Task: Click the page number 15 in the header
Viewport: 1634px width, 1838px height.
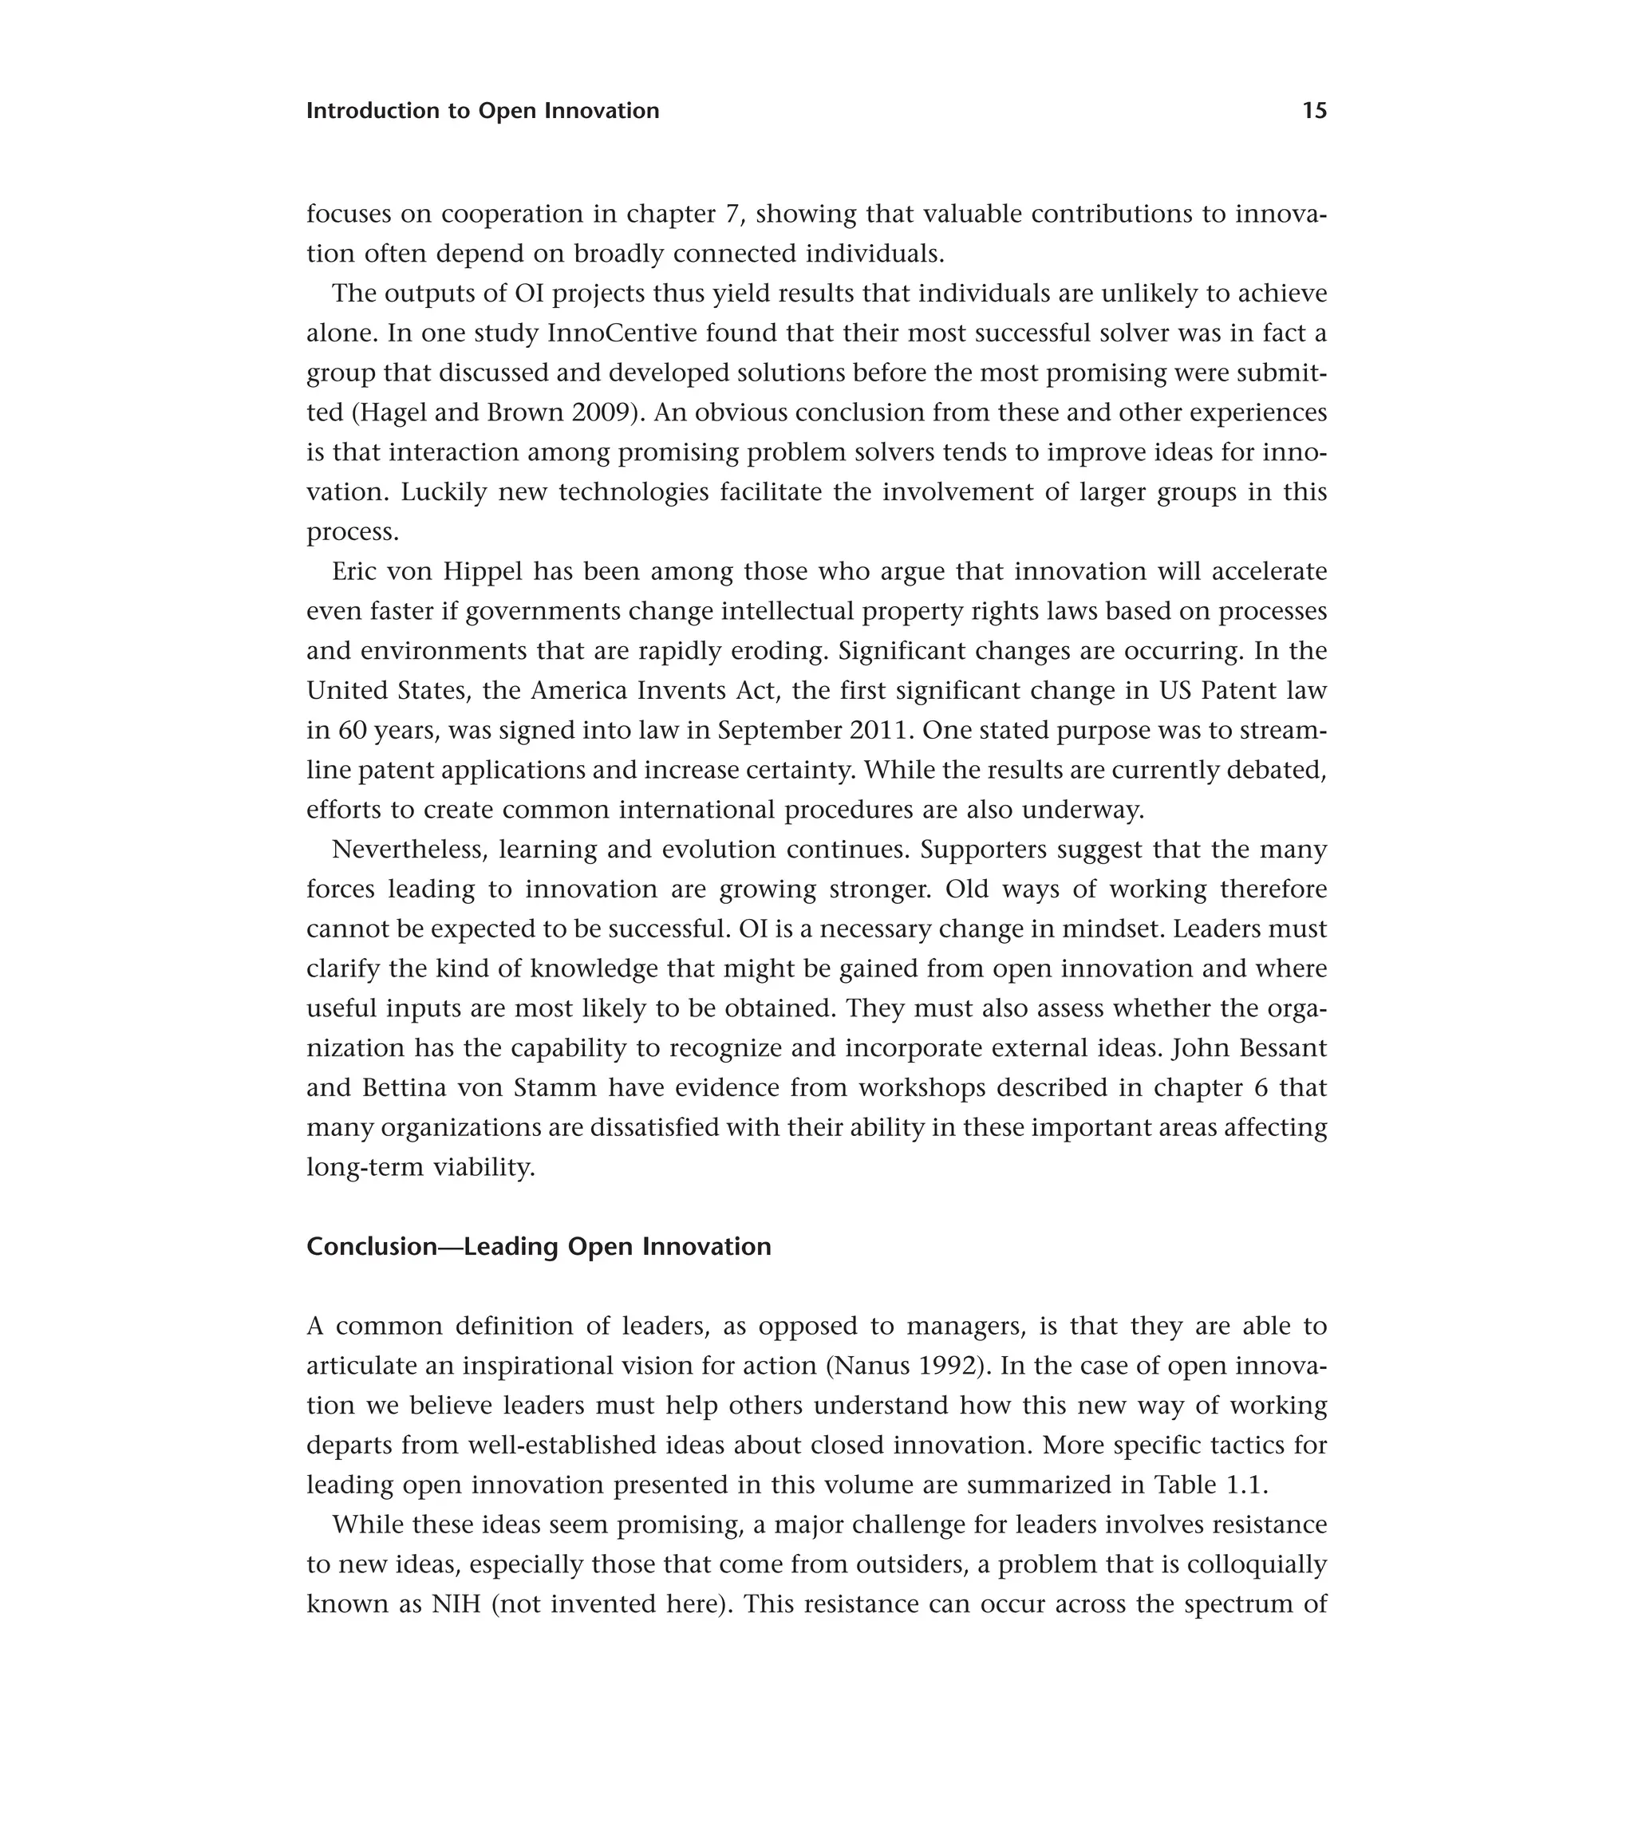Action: point(1314,111)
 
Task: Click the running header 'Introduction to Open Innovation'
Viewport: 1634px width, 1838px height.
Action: point(482,111)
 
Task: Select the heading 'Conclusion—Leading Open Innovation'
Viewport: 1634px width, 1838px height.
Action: point(539,1247)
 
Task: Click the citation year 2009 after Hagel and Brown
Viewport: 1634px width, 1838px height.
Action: point(604,412)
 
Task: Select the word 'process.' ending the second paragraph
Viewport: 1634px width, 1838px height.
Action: point(352,533)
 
